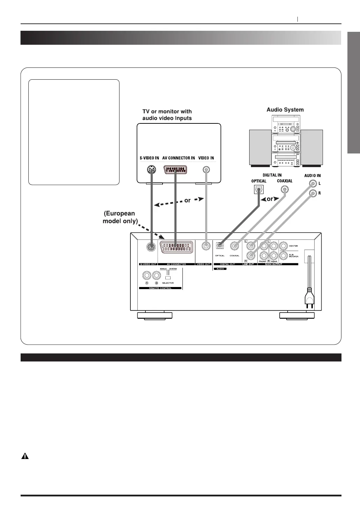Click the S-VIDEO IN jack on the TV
click(151, 170)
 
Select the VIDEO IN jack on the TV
click(207, 170)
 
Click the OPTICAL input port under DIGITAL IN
click(258, 189)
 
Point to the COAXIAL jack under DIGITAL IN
click(285, 189)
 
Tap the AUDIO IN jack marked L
click(313, 183)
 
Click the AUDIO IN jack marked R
click(313, 193)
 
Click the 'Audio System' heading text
click(285, 110)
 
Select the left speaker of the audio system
click(260, 147)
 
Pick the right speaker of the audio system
click(312, 147)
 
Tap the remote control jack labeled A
click(147, 275)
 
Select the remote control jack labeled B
click(157, 275)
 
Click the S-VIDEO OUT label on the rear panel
click(149, 264)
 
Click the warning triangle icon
click(25, 456)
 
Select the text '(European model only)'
click(119, 217)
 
